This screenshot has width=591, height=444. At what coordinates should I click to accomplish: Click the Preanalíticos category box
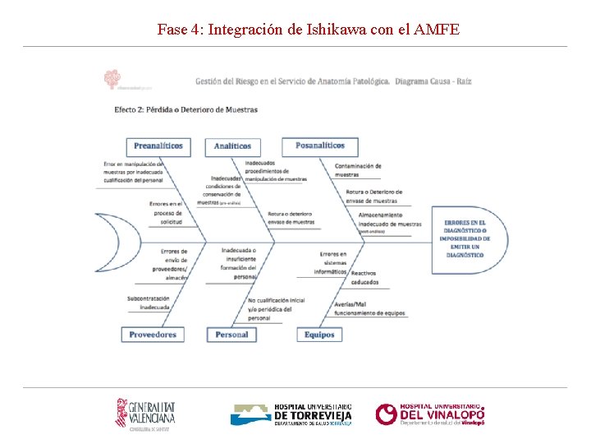pyautogui.click(x=158, y=146)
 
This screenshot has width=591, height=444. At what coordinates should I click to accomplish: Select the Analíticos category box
pyautogui.click(x=232, y=146)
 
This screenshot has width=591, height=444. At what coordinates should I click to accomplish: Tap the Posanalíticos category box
pyautogui.click(x=320, y=146)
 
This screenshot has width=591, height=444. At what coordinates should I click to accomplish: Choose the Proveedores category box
pyautogui.click(x=153, y=335)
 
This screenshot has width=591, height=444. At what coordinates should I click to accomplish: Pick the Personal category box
pyautogui.click(x=231, y=335)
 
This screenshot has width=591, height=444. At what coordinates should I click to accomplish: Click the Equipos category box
pyautogui.click(x=319, y=335)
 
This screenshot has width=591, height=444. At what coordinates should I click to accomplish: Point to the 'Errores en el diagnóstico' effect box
pyautogui.click(x=465, y=239)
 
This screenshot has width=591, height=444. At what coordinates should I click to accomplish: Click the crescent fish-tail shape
pyautogui.click(x=108, y=242)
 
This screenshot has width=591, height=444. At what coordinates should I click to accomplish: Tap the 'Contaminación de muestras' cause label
pyautogui.click(x=358, y=170)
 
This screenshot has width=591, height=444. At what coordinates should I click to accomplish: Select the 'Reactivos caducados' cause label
pyautogui.click(x=364, y=277)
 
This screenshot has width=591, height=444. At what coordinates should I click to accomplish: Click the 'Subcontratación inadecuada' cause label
pyautogui.click(x=149, y=303)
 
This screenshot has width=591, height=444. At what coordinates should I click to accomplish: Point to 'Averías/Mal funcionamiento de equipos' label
pyautogui.click(x=369, y=308)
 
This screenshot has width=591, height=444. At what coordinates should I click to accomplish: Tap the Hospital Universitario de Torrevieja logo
pyautogui.click(x=291, y=414)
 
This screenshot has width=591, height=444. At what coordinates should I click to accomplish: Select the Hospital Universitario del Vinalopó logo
pyautogui.click(x=430, y=414)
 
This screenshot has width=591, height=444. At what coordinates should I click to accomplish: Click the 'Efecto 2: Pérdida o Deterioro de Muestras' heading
pyautogui.click(x=186, y=109)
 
